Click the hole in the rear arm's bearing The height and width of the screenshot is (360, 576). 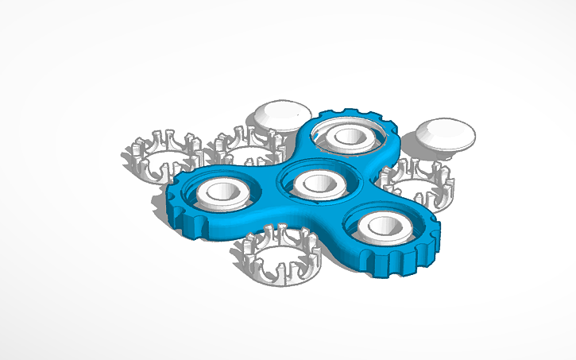click(x=349, y=135)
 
